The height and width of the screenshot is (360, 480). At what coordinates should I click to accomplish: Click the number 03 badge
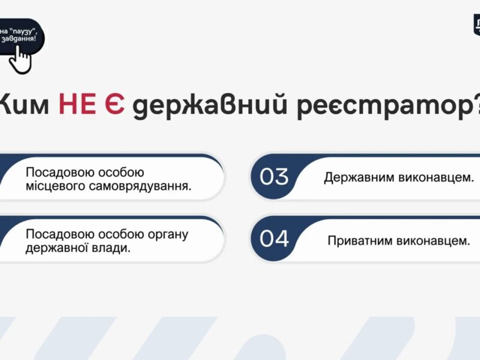point(274,177)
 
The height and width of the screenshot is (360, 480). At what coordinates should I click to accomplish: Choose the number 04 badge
point(274,238)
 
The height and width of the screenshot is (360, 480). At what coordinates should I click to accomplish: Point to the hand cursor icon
point(22,58)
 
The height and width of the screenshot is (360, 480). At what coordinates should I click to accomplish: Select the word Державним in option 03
point(356,178)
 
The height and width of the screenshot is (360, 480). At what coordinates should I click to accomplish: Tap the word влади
point(115,247)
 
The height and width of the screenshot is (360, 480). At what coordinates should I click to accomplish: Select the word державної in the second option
point(55,247)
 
